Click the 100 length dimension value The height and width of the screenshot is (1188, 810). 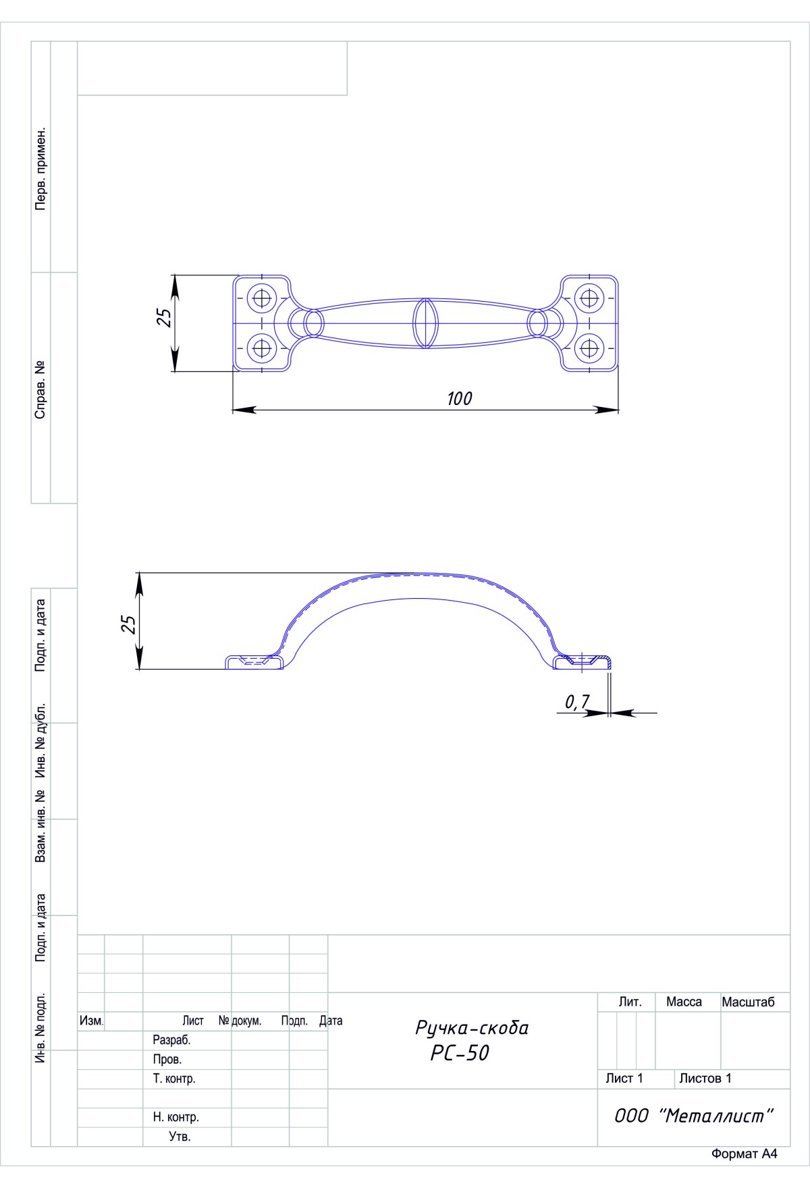pos(459,398)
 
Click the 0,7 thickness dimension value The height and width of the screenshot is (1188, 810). pos(576,703)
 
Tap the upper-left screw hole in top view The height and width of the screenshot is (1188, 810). pos(261,297)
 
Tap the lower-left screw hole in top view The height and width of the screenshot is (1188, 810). pos(261,348)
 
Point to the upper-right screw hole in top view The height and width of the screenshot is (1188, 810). pos(590,297)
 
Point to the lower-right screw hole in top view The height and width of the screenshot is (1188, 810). pos(590,348)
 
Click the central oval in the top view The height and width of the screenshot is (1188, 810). pos(425,323)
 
